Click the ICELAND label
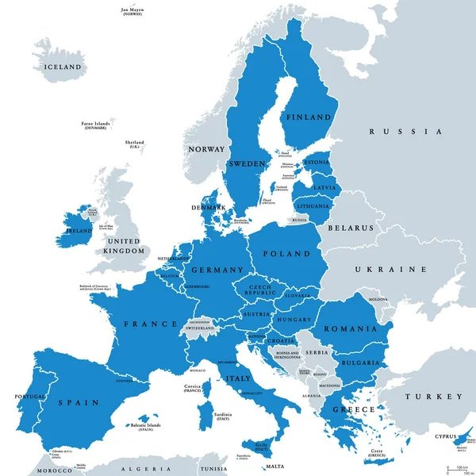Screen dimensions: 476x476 [63, 68]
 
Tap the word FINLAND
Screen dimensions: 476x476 [309, 117]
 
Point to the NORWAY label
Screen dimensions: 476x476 [205, 148]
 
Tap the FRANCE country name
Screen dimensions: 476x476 [150, 324]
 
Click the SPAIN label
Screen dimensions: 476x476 [78, 402]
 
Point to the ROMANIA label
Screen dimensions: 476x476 [348, 328]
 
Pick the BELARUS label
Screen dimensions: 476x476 [350, 228]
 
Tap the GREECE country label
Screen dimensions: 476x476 [353, 409]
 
